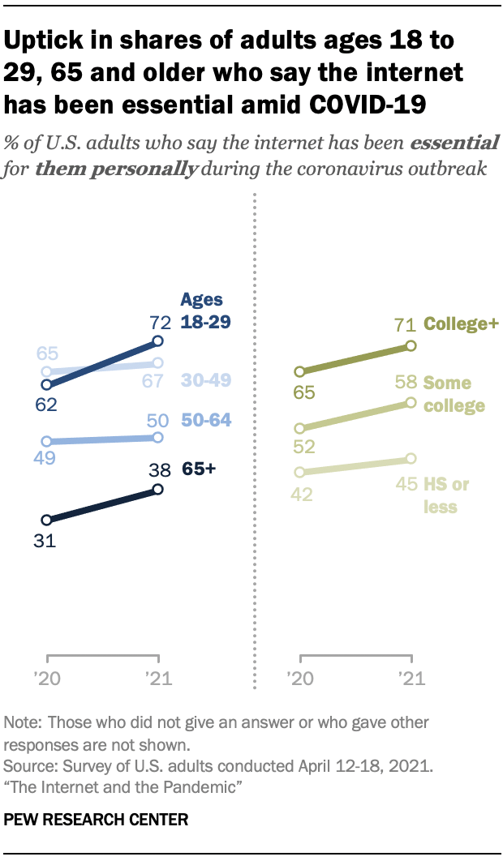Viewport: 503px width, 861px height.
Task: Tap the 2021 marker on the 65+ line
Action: [x=158, y=489]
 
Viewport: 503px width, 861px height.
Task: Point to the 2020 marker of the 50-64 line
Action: [x=47, y=441]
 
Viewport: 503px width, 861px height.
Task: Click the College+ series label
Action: [x=461, y=326]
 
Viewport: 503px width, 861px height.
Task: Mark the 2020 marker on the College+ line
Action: [x=300, y=371]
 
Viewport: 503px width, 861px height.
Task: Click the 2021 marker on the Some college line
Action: [x=411, y=402]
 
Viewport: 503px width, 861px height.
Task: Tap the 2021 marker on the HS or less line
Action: [x=411, y=460]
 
